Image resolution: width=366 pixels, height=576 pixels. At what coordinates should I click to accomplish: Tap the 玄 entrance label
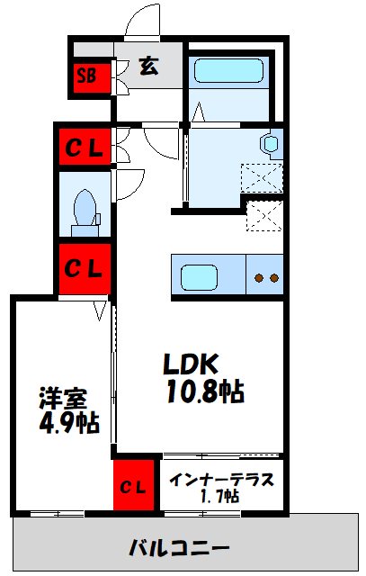point(149,66)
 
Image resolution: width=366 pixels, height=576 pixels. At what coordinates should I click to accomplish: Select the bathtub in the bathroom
point(228,70)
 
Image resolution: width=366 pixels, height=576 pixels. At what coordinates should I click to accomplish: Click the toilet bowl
point(85,208)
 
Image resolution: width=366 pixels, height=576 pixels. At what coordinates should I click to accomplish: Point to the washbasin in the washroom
point(271,144)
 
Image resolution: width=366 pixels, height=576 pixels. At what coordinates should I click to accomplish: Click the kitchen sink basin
point(199,277)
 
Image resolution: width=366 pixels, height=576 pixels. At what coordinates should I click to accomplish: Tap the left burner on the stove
point(260,278)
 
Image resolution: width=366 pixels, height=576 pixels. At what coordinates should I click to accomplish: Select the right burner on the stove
point(274,278)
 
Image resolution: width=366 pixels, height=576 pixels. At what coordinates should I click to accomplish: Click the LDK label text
point(192,364)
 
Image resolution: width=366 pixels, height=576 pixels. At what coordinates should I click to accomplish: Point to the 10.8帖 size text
point(205,391)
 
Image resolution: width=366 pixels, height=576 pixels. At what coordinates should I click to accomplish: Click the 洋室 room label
point(63,398)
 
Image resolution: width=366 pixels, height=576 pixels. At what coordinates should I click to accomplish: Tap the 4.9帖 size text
point(69,423)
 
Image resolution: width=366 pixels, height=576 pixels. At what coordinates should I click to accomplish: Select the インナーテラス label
point(222,480)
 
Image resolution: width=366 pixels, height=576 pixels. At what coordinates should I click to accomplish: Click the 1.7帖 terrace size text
point(220,496)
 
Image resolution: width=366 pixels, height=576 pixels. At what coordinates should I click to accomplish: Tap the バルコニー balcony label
point(180,548)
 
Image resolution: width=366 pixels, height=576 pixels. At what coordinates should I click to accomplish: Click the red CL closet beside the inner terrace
point(133,485)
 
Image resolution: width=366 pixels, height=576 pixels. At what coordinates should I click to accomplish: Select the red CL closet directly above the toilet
point(85,147)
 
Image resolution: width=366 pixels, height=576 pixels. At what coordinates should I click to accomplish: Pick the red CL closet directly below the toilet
point(85,269)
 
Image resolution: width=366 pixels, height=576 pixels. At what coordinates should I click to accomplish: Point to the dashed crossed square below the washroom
point(264,216)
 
